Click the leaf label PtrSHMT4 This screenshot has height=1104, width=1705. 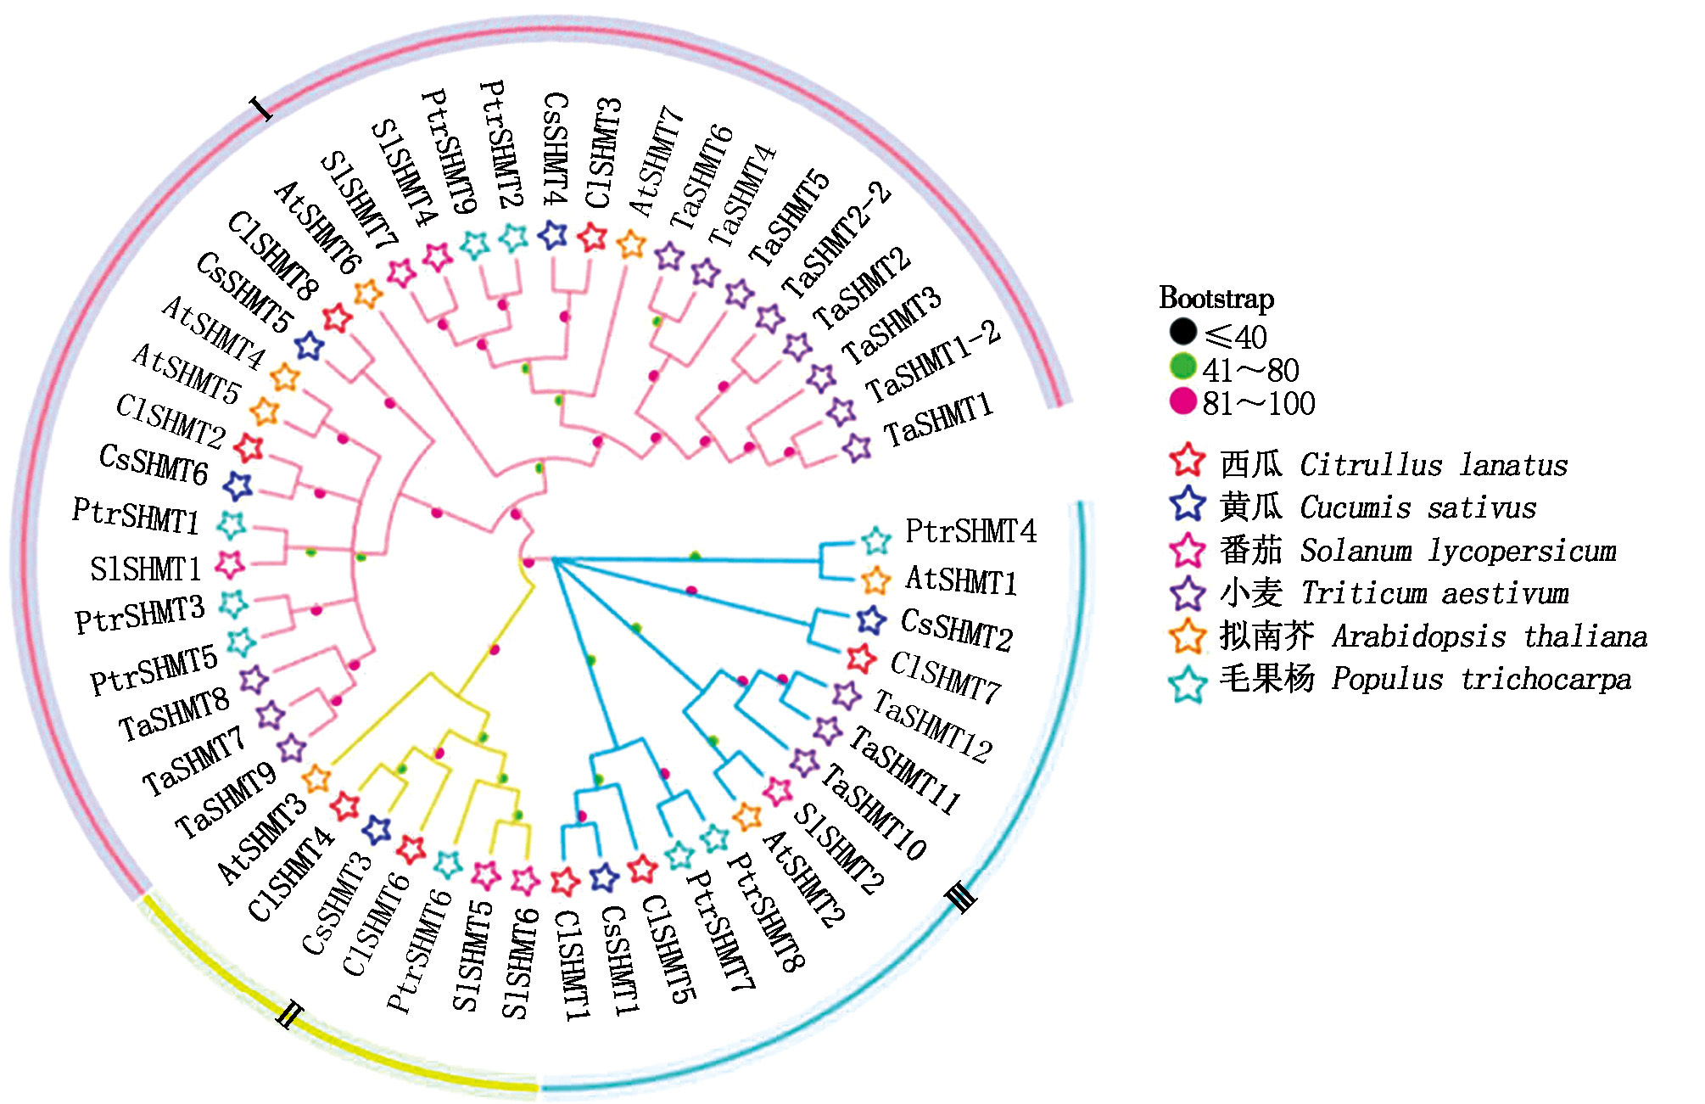[x=970, y=532]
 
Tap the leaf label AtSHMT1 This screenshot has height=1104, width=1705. [x=961, y=580]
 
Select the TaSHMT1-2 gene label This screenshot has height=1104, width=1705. [x=933, y=363]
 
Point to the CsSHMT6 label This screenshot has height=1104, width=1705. [x=154, y=464]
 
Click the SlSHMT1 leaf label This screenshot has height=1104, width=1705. [x=145, y=569]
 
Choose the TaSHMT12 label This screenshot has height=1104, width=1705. [x=932, y=726]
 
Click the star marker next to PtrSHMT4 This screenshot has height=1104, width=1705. [x=875, y=540]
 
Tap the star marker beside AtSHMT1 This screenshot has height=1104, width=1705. [x=875, y=580]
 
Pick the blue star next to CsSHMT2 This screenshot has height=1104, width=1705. [x=870, y=620]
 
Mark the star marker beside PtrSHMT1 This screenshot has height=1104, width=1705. [x=231, y=524]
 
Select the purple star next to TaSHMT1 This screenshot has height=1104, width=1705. [x=857, y=447]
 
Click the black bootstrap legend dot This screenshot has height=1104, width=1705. [x=1182, y=332]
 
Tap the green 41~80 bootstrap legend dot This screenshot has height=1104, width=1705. [x=1182, y=367]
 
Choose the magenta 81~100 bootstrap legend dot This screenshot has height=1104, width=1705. [x=1182, y=401]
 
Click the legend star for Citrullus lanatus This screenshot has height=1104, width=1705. [x=1188, y=461]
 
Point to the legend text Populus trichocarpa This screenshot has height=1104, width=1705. [x=1481, y=680]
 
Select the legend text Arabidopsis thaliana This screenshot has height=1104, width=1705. [x=1490, y=636]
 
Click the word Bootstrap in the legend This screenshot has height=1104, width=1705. [x=1216, y=299]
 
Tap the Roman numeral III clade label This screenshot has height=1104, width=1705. [x=962, y=895]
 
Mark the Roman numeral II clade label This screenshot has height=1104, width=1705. [x=289, y=1013]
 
